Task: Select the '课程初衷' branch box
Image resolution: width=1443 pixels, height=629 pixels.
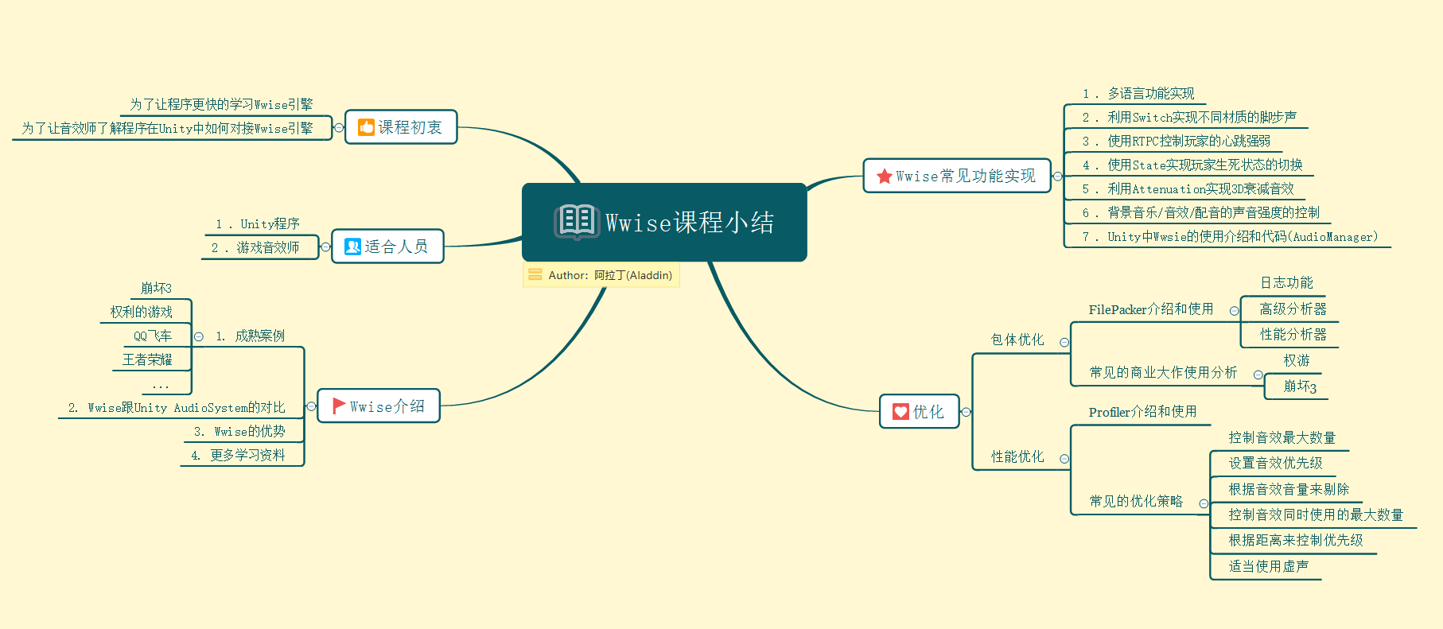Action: tap(401, 127)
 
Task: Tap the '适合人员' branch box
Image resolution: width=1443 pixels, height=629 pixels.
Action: tap(387, 247)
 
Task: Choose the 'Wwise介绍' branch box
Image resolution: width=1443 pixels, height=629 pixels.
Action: tap(379, 406)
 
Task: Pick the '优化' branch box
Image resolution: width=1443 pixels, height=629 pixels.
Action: tap(920, 412)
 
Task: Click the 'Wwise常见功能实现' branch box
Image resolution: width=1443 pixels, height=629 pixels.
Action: tap(957, 176)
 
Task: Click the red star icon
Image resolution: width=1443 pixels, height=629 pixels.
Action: tap(884, 177)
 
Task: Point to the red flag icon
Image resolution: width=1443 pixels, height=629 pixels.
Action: tap(338, 406)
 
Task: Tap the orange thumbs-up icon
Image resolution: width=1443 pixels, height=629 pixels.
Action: tap(366, 127)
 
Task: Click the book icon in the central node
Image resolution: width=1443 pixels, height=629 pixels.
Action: tap(577, 221)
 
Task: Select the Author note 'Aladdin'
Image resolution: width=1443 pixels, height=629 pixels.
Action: tap(601, 275)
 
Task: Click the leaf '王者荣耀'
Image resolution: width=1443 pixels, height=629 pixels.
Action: tap(147, 360)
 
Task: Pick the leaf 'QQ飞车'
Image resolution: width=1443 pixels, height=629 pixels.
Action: tap(153, 336)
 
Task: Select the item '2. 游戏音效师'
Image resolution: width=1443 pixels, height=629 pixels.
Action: tap(255, 248)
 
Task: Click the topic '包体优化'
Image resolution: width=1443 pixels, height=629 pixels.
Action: tap(1017, 340)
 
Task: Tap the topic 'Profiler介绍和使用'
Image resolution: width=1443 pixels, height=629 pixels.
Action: tap(1142, 412)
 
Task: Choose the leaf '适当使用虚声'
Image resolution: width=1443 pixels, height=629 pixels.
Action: tap(1268, 566)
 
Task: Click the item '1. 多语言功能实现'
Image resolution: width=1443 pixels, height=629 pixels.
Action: tap(1138, 94)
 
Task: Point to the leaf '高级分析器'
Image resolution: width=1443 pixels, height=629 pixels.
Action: tap(1293, 309)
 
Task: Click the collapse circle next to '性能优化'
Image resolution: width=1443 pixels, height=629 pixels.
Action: tap(1064, 459)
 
